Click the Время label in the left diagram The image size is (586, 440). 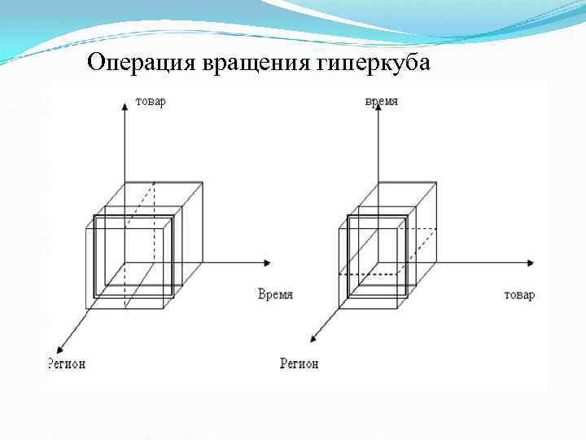[274, 294]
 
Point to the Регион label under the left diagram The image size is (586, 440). [66, 363]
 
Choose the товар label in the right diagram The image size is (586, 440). [519, 294]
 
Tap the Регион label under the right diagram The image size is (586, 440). [300, 363]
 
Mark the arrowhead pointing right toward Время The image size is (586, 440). [268, 262]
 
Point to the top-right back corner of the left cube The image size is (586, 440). [202, 183]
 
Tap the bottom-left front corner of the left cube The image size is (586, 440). [86, 308]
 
